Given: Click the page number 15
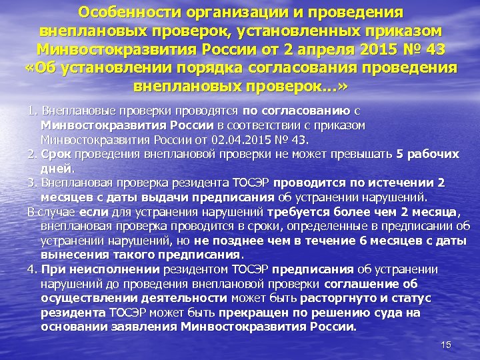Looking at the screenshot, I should point(446,345).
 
